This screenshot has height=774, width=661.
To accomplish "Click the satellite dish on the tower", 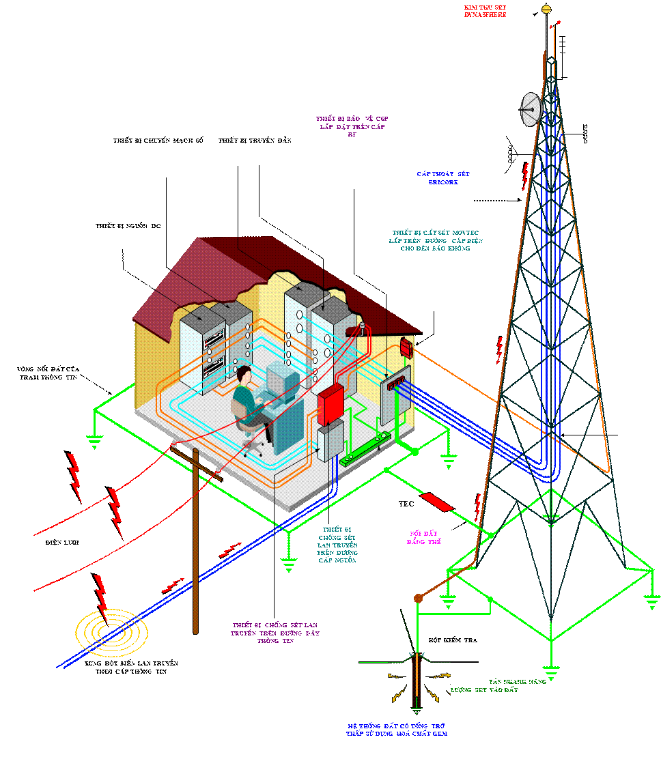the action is coord(531,109).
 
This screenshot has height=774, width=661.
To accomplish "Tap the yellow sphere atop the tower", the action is coord(546,9).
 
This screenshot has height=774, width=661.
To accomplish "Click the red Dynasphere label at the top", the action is coord(485,10).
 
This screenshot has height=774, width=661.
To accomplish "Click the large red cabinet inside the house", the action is coord(331,403).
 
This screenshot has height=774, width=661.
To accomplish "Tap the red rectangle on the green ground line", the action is coord(436,502).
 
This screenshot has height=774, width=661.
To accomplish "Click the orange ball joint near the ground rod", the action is coord(418,599).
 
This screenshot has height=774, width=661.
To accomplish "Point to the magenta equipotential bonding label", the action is coord(424,537).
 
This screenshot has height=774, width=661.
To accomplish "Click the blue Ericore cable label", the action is coord(443,178).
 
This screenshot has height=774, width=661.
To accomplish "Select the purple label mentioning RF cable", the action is coord(352,126).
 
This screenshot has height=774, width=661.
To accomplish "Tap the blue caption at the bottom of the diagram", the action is coord(397,730).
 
